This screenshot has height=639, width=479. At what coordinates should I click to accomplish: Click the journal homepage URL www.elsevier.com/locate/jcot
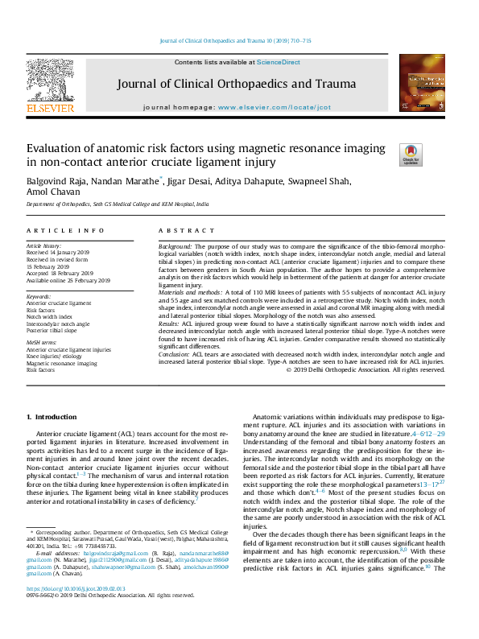click(275, 106)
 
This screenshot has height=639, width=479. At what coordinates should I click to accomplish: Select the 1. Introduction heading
click(52, 417)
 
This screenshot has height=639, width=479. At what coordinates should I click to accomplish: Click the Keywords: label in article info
click(39, 297)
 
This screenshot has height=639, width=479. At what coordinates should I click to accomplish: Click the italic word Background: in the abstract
click(175, 245)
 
